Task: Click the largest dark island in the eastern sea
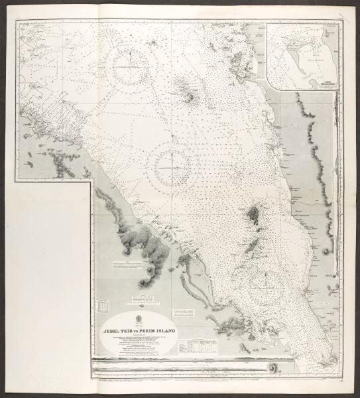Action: [x=254, y=216]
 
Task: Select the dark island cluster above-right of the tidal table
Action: [x=232, y=323]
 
